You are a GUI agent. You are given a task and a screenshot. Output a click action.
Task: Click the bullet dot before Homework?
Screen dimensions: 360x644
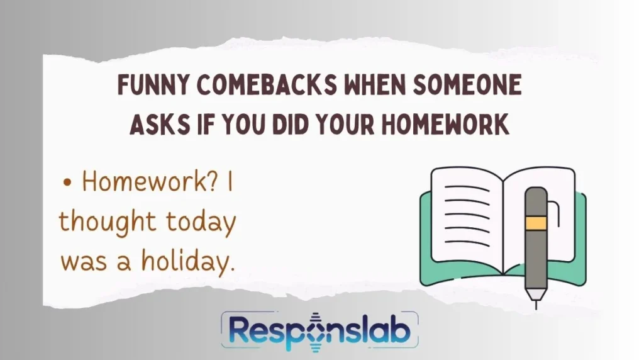pyautogui.click(x=67, y=184)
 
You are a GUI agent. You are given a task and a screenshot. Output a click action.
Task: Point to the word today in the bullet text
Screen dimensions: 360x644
pyautogui.click(x=201, y=222)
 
